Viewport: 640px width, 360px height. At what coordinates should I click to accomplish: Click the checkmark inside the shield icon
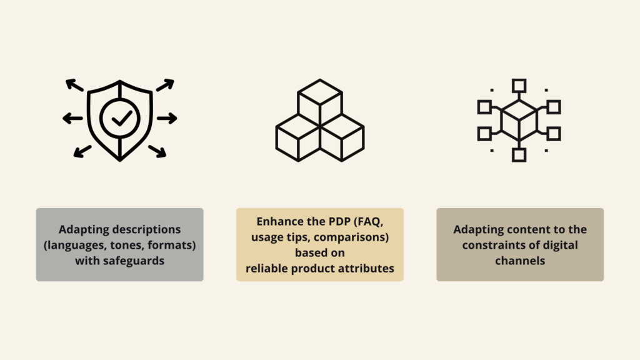pyautogui.click(x=122, y=118)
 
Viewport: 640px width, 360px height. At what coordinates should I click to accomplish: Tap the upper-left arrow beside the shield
pyautogui.click(x=74, y=85)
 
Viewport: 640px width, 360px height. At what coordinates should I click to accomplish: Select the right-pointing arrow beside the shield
pyautogui.click(x=167, y=118)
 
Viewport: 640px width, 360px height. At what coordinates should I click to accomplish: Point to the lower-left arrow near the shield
pyautogui.click(x=82, y=151)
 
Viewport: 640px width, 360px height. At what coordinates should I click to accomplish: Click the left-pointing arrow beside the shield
pyautogui.click(x=72, y=118)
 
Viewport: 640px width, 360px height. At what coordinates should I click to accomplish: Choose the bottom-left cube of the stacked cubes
pyautogui.click(x=298, y=138)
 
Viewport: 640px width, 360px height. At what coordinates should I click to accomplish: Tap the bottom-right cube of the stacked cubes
pyautogui.click(x=342, y=138)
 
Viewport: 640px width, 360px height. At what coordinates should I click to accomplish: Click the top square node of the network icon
pyautogui.click(x=519, y=86)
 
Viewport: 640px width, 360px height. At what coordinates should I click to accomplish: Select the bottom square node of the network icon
pyautogui.click(x=519, y=155)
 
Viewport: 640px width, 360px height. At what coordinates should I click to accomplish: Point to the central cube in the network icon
pyautogui.click(x=519, y=121)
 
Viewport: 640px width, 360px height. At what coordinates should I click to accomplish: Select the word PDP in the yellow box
pyautogui.click(x=339, y=222)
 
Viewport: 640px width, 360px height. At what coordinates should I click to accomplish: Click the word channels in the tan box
pyautogui.click(x=520, y=261)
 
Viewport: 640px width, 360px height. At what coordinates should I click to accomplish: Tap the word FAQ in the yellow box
pyautogui.click(x=369, y=222)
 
